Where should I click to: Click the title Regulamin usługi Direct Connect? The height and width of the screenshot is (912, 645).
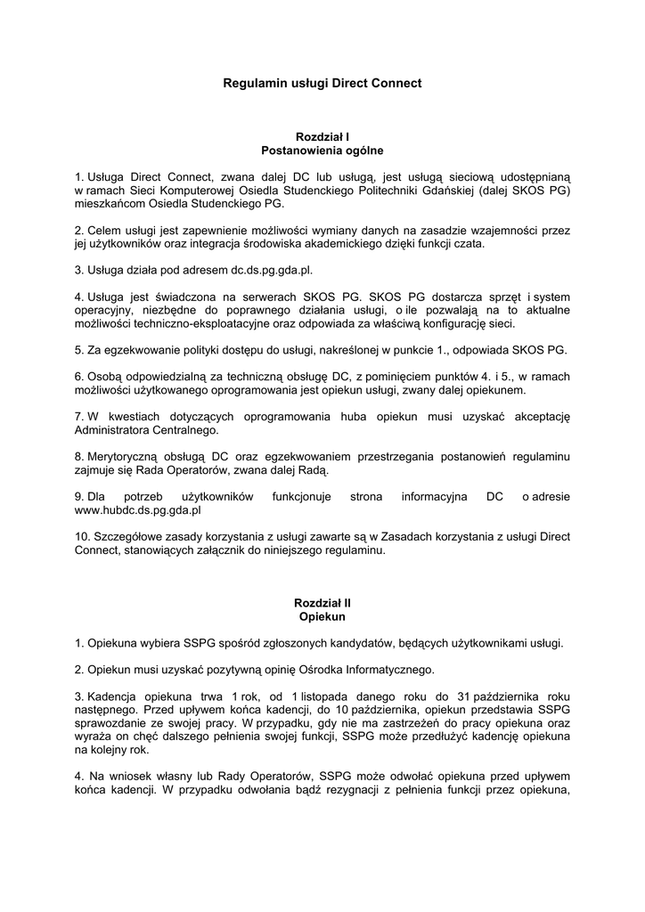pos(322,83)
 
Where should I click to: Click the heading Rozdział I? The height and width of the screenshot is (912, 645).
pos(322,137)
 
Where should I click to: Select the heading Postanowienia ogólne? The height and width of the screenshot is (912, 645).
pos(322,151)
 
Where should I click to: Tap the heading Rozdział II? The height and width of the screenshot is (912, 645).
pos(322,603)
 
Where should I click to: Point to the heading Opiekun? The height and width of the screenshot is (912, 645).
pos(322,616)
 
